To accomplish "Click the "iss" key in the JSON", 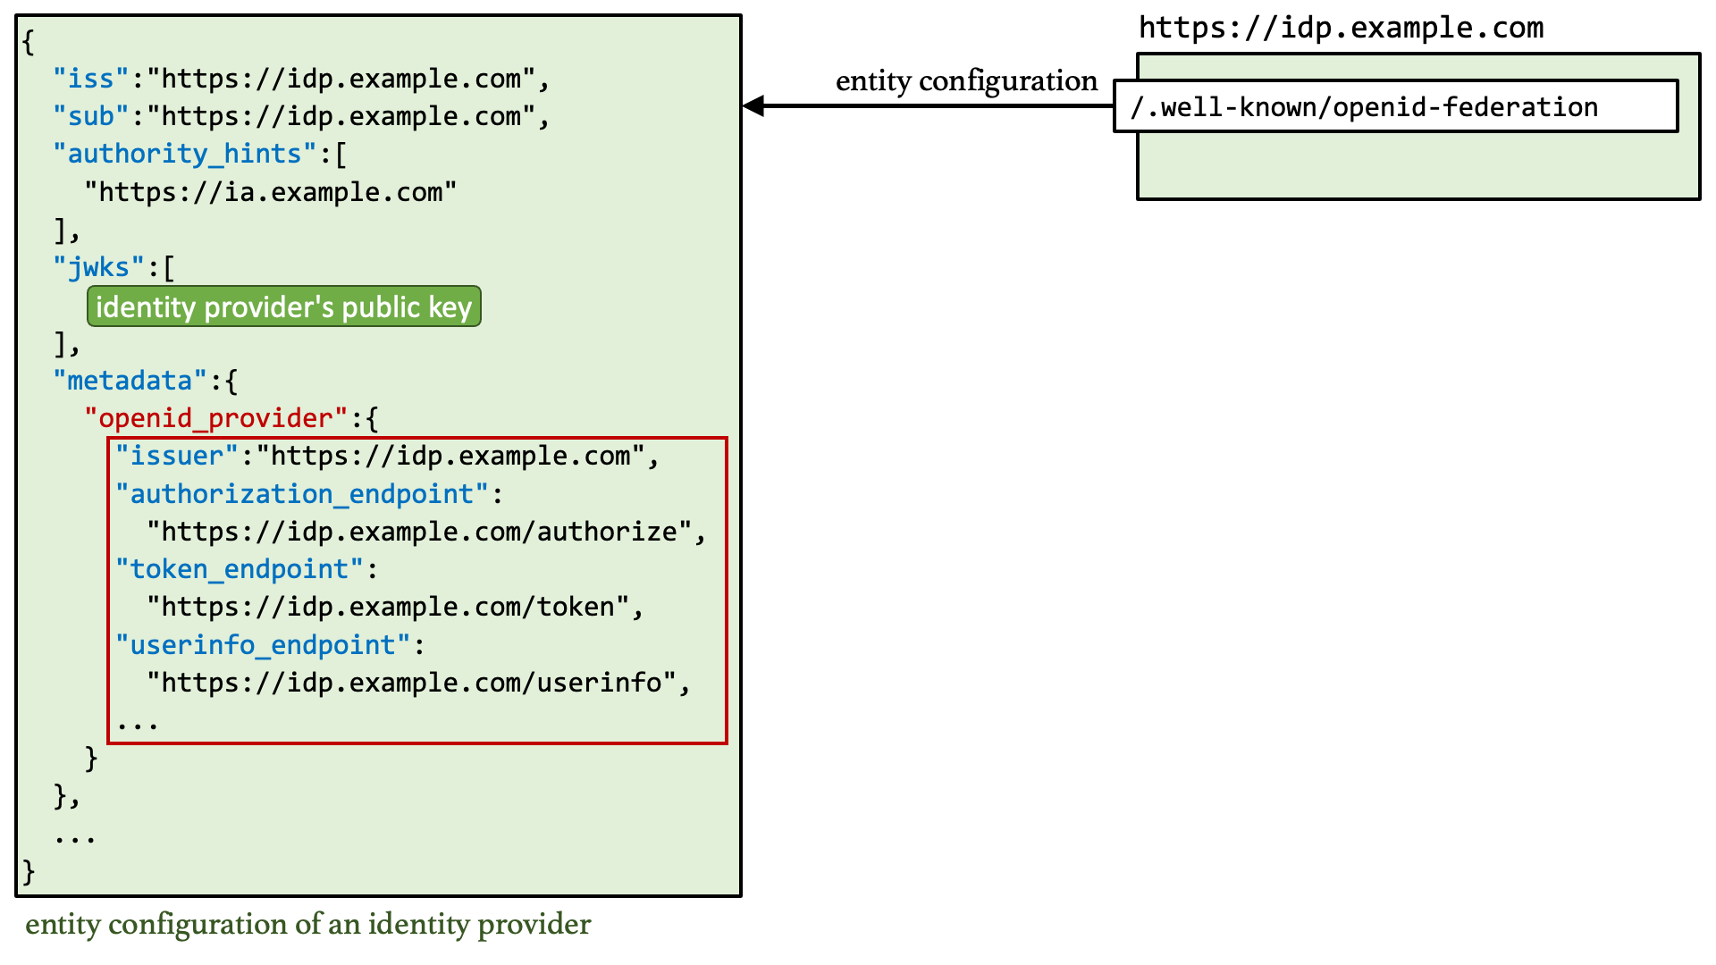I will (x=91, y=79).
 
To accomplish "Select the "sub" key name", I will (x=91, y=116).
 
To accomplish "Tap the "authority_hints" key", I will (x=185, y=154).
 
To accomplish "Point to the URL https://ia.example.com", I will (x=271, y=192).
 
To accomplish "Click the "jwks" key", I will (x=98, y=267).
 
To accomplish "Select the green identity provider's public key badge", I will (x=284, y=306).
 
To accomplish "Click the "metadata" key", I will (x=130, y=381).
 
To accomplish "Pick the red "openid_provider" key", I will (x=215, y=418).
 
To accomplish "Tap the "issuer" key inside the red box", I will (x=177, y=456).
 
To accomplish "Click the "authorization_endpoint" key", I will (x=302, y=494).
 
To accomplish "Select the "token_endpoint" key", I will (x=240, y=569).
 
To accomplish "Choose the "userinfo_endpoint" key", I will (x=263, y=645).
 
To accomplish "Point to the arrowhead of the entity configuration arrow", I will (x=753, y=106).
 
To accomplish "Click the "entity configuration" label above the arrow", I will (x=966, y=80).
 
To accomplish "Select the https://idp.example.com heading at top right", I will (x=1341, y=28).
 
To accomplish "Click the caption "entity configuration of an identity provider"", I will (x=307, y=924).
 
